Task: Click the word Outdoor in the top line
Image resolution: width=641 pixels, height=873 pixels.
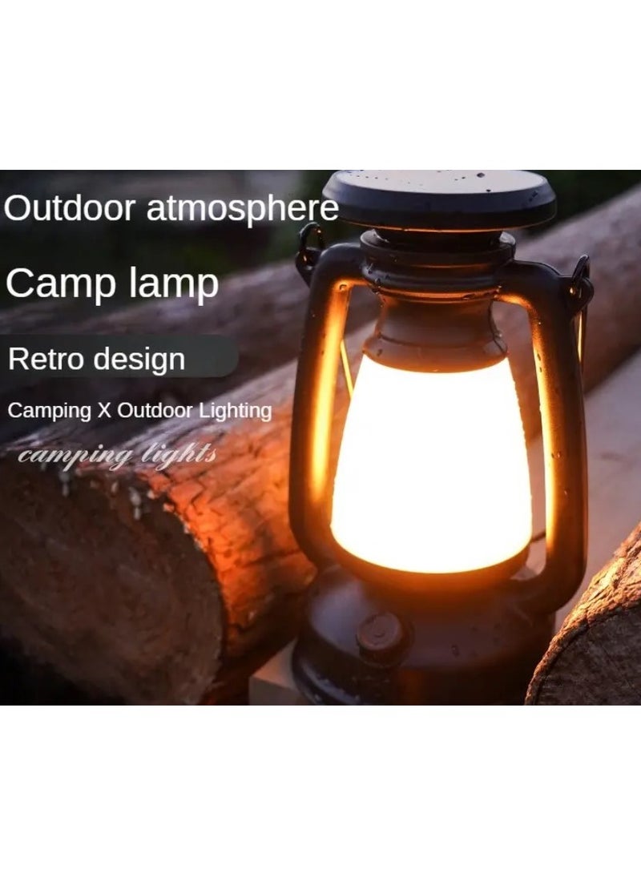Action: pyautogui.click(x=70, y=208)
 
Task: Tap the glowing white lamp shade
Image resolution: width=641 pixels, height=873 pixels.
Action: pyautogui.click(x=431, y=465)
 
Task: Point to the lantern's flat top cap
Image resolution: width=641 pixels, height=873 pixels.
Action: pyautogui.click(x=439, y=196)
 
